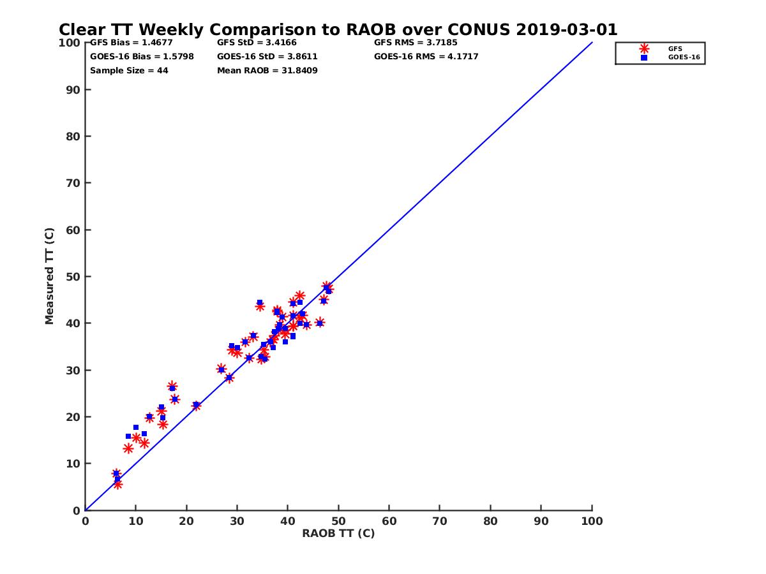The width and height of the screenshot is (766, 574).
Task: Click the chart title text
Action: tap(338, 30)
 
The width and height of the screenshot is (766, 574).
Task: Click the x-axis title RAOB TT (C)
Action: tap(338, 533)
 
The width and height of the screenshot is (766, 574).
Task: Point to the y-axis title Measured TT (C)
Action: tap(50, 277)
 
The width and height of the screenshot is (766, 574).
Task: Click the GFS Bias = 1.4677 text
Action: tap(131, 43)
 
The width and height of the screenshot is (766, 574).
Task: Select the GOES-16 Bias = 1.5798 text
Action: tap(142, 56)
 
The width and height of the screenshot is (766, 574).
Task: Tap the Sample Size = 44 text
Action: tap(129, 70)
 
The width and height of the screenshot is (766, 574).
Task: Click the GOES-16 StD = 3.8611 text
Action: tap(267, 56)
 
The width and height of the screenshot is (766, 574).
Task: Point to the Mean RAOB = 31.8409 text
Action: tap(267, 70)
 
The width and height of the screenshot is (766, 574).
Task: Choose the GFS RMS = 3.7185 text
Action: tap(416, 43)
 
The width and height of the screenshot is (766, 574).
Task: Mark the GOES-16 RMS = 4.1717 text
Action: tap(426, 56)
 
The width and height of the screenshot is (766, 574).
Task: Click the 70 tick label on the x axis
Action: tap(440, 520)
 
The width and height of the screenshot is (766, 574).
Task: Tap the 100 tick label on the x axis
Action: tap(592, 520)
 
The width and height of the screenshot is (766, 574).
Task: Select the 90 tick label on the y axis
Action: tap(73, 90)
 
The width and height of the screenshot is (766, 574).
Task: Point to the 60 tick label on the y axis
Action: tap(73, 230)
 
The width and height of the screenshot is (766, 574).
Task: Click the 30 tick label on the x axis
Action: tap(237, 520)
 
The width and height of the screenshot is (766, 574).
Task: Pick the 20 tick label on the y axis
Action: tap(73, 417)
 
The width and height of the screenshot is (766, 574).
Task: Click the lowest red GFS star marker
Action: tap(118, 485)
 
